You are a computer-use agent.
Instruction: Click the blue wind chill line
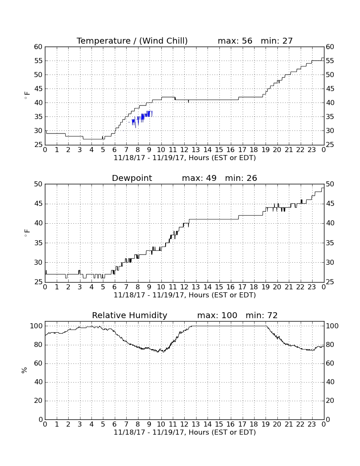click(142, 118)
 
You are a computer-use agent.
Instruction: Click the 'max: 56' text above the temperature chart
click(235, 41)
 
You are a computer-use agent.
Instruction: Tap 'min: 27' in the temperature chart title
click(277, 41)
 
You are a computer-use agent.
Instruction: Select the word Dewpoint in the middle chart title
click(132, 178)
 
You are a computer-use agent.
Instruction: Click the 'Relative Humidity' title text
click(130, 315)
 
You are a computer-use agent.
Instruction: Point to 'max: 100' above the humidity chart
click(217, 315)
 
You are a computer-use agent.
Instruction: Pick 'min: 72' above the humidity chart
click(261, 315)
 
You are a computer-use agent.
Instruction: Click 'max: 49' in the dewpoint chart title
click(199, 178)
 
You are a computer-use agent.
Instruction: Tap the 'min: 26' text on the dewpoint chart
click(241, 178)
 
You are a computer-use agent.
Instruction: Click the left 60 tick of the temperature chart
click(38, 47)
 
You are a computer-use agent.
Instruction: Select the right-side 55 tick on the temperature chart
click(330, 61)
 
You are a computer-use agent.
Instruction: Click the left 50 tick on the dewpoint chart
click(38, 184)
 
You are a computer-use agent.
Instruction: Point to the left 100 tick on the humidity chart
click(36, 326)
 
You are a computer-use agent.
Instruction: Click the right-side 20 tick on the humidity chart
click(330, 401)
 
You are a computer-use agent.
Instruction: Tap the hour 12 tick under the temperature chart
click(184, 150)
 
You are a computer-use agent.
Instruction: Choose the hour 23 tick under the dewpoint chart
click(312, 287)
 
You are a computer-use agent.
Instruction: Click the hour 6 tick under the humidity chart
click(115, 424)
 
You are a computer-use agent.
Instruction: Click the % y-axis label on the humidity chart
click(25, 370)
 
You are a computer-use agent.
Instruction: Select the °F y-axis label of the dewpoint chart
click(27, 233)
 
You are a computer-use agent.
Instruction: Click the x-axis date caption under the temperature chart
click(185, 158)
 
